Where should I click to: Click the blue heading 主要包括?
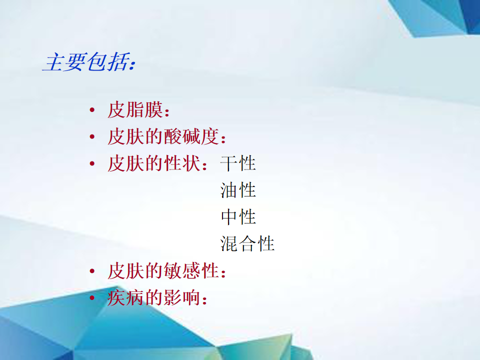[x=85, y=62]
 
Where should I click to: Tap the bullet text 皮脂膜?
[x=135, y=110]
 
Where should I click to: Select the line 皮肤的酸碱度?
[x=163, y=136]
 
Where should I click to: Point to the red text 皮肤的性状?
[x=154, y=163]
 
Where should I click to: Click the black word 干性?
[x=238, y=163]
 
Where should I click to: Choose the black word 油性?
[x=238, y=190]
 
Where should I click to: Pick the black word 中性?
[x=238, y=217]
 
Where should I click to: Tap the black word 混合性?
[x=247, y=243]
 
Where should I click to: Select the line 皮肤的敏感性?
[x=163, y=271]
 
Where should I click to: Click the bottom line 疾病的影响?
[x=154, y=297]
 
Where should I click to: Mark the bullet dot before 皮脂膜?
[x=92, y=110]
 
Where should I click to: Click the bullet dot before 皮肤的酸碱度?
[x=92, y=136]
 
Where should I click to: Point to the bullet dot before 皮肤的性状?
[x=92, y=163]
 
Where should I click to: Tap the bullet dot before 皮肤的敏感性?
[x=92, y=271]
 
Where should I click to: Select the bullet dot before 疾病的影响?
[x=92, y=297]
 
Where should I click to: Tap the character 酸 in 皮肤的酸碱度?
[x=172, y=136]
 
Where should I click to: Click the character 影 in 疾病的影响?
[x=172, y=297]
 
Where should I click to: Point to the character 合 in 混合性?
[x=247, y=244]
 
